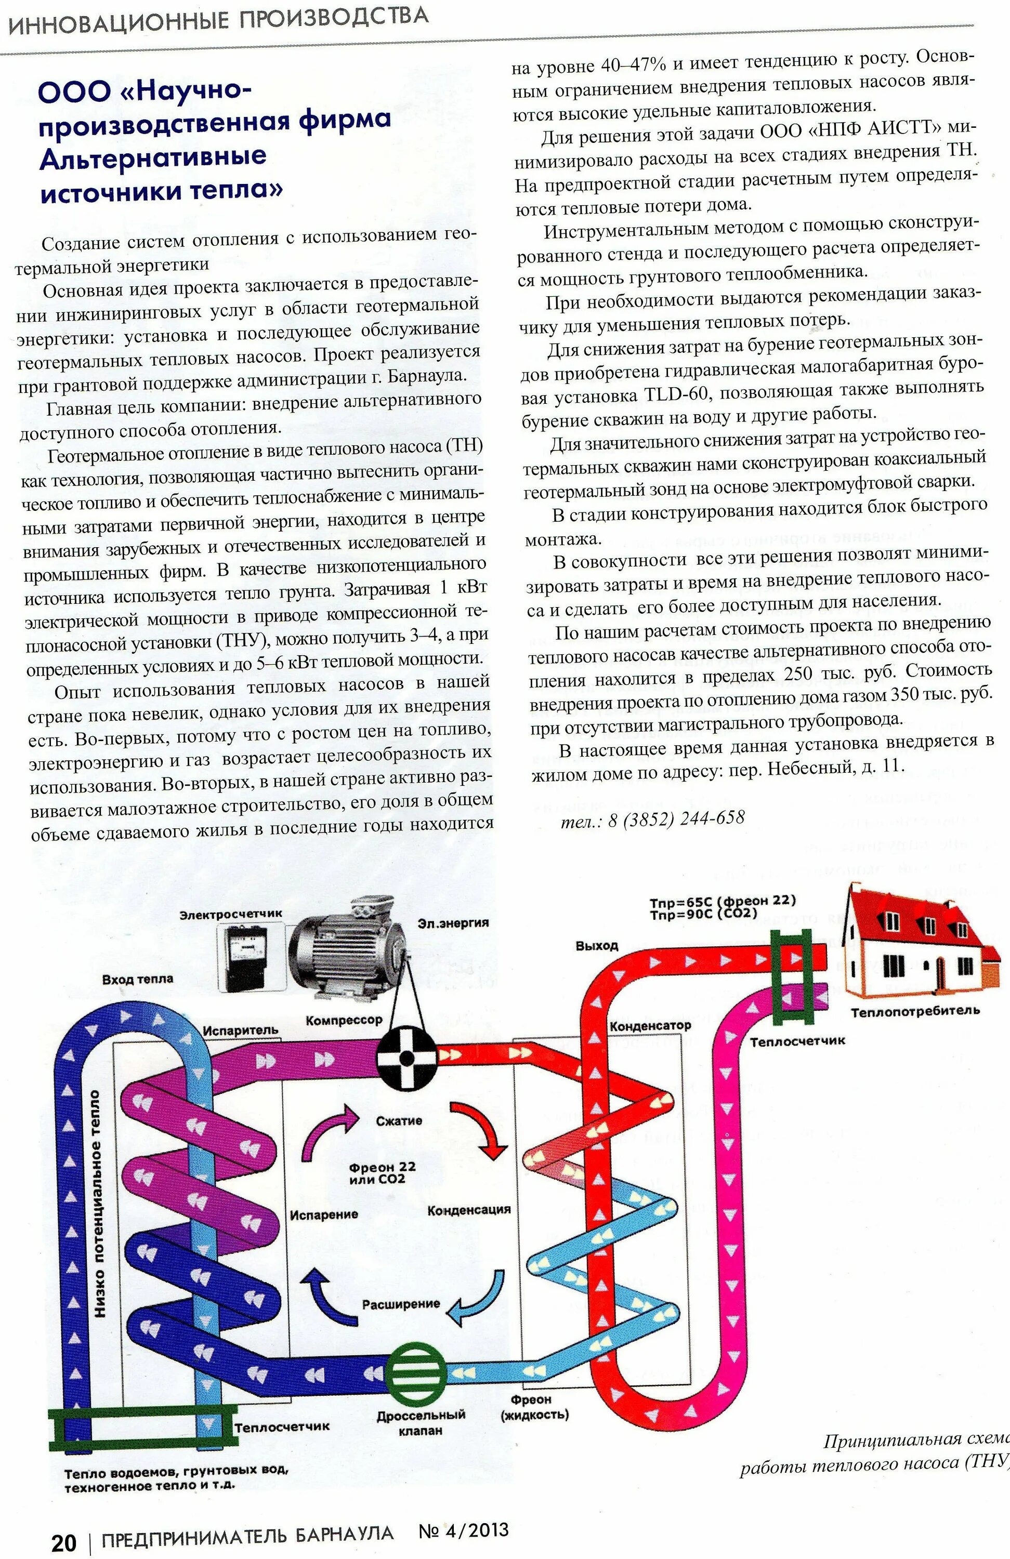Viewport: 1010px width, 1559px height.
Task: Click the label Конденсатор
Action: tap(650, 1026)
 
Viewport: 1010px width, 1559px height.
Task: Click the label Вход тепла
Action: tap(138, 979)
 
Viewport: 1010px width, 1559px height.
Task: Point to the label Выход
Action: tap(596, 945)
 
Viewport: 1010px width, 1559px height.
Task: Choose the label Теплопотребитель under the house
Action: tap(915, 1011)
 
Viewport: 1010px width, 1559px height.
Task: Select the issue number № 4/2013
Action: tap(463, 1531)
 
